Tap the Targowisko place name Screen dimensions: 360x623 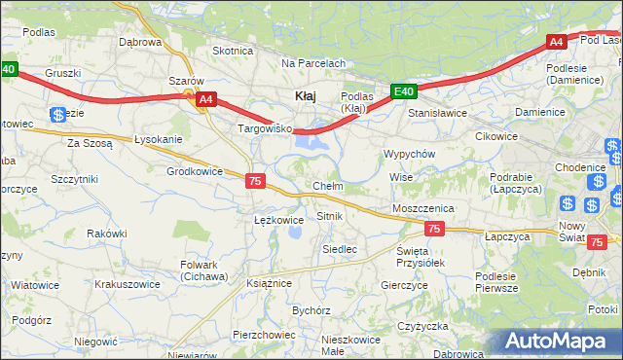tap(265, 128)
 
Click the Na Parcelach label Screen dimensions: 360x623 tap(313, 63)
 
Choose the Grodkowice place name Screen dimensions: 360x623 tap(195, 171)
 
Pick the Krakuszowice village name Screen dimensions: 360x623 tap(127, 285)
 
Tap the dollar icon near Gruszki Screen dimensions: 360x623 tap(58, 115)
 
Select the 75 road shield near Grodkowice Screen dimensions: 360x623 tap(255, 181)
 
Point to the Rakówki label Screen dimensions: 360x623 tap(107, 234)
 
